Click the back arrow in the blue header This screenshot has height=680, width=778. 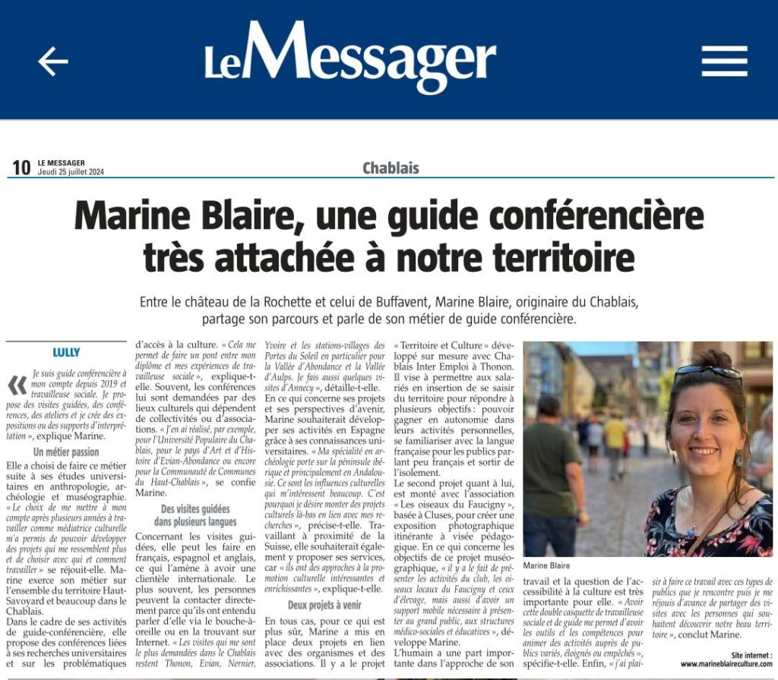pos(52,61)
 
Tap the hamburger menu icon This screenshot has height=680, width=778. pos(724,61)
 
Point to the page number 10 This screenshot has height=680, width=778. pos(21,168)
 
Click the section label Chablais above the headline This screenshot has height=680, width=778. pos(391,168)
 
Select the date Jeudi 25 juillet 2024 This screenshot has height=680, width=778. pos(71,172)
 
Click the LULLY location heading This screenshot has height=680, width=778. pos(67,352)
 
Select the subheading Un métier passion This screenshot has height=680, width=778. pos(67,452)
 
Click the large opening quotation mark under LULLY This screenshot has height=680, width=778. pos(17,385)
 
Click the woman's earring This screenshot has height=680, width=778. pos(738,459)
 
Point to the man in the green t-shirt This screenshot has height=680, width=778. pos(552,463)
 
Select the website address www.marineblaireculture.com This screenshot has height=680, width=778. pos(726,664)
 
